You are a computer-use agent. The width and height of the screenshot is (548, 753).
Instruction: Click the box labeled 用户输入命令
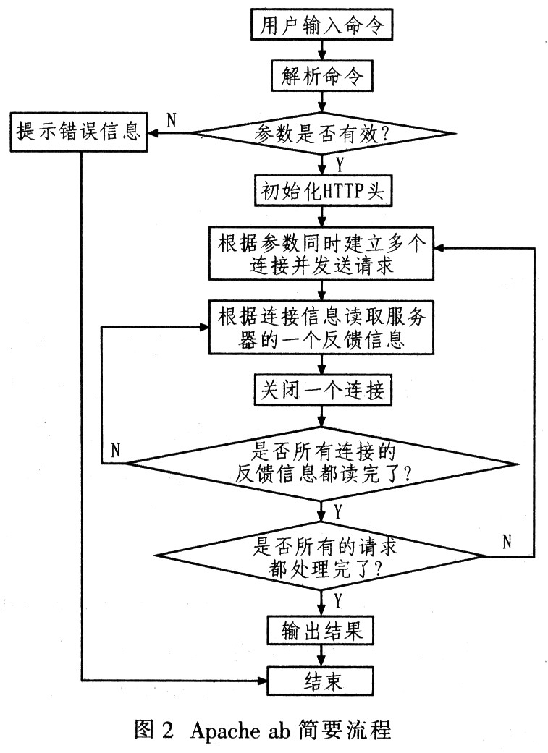pyautogui.click(x=321, y=25)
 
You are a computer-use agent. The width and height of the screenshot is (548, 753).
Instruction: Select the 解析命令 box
pyautogui.click(x=321, y=75)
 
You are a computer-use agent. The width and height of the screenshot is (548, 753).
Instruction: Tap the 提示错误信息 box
pyautogui.click(x=79, y=132)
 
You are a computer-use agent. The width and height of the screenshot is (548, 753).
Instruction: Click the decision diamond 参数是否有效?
pyautogui.click(x=321, y=134)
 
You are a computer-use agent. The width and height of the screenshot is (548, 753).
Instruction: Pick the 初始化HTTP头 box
pyautogui.click(x=322, y=191)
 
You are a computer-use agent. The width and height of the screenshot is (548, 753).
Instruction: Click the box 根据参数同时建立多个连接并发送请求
pyautogui.click(x=321, y=254)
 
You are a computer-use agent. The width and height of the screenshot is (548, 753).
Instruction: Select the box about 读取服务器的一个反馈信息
pyautogui.click(x=321, y=328)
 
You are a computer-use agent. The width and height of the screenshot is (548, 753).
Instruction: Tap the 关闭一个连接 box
pyautogui.click(x=322, y=389)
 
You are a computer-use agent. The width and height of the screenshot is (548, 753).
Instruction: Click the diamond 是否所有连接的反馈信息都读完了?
pyautogui.click(x=322, y=464)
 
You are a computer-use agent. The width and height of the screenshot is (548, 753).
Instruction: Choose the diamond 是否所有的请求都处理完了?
pyautogui.click(x=322, y=557)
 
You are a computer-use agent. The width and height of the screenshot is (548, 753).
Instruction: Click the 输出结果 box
pyautogui.click(x=321, y=630)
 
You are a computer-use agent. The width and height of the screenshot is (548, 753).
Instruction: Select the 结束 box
pyautogui.click(x=321, y=680)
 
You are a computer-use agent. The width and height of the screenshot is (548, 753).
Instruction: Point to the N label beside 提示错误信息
pyautogui.click(x=172, y=120)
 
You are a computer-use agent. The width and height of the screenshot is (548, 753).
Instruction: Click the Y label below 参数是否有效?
pyautogui.click(x=340, y=165)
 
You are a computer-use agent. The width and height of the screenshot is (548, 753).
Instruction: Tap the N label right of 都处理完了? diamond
pyautogui.click(x=507, y=542)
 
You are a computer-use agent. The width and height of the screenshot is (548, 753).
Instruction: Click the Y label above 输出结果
pyautogui.click(x=338, y=600)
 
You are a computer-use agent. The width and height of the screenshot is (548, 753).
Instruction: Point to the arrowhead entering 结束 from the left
pyautogui.click(x=263, y=681)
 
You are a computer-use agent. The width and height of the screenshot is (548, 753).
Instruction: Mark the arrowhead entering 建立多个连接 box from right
pyautogui.click(x=439, y=248)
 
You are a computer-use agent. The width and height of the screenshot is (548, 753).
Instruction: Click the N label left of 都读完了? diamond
pyautogui.click(x=116, y=451)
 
